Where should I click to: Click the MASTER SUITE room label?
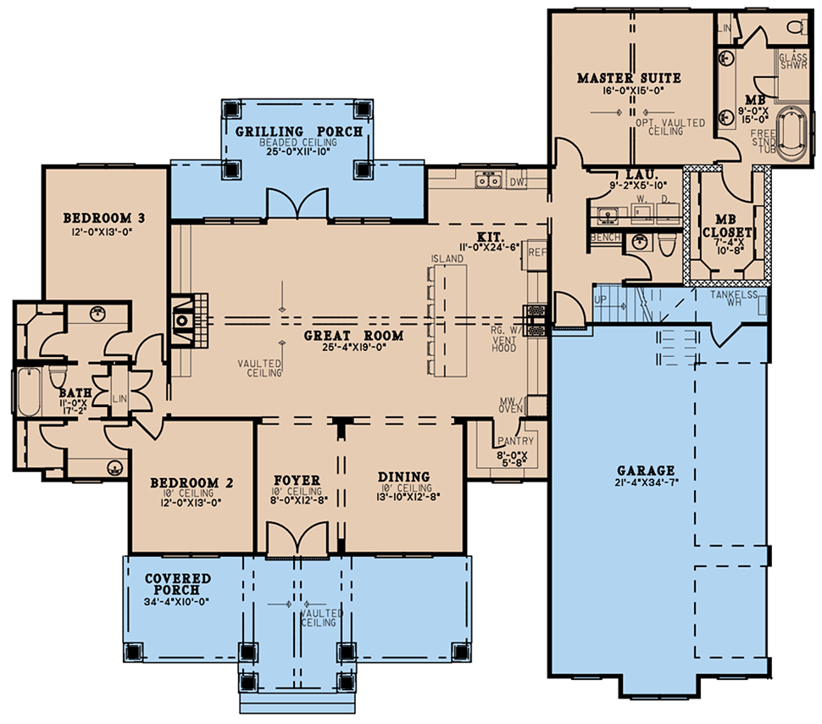point(629,78)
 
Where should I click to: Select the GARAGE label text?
point(645,471)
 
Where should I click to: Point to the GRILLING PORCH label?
point(298,131)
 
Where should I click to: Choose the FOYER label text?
point(297,480)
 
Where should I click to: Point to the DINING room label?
point(403,476)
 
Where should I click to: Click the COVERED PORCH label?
point(177,584)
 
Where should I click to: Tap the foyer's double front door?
point(297,541)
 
